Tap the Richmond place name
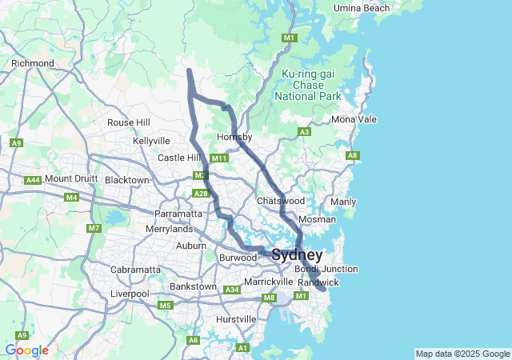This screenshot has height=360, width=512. (x=33, y=63)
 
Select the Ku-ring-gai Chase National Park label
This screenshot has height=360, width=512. (x=307, y=85)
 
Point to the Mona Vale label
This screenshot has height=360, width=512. (x=354, y=119)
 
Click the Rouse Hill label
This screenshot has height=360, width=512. (x=129, y=122)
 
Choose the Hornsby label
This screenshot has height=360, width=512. (x=234, y=138)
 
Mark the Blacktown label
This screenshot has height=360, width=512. (x=127, y=180)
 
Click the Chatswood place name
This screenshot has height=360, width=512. (x=281, y=200)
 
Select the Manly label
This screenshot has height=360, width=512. (x=343, y=202)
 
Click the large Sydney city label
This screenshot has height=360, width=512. (x=298, y=255)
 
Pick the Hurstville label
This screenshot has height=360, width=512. (x=236, y=319)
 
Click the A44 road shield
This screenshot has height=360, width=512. (x=33, y=181)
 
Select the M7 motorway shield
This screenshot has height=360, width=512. (x=94, y=229)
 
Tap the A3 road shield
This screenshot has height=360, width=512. (x=304, y=131)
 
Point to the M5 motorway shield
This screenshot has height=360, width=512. (x=165, y=305)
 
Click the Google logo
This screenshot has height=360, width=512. (x=26, y=350)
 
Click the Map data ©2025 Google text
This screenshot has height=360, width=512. (x=462, y=354)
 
